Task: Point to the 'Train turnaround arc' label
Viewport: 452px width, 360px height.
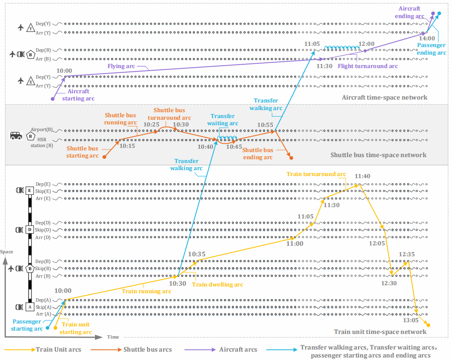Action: [316, 174]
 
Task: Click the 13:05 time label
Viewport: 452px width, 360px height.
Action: [411, 320]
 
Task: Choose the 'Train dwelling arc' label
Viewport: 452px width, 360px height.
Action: [217, 284]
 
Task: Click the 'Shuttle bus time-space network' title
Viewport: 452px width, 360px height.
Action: [378, 155]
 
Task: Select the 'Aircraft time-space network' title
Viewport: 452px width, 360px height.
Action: [384, 97]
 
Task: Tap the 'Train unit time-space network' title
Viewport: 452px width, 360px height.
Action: [380, 332]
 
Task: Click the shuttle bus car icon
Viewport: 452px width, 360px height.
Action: [16, 136]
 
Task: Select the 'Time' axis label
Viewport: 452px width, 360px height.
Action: [113, 337]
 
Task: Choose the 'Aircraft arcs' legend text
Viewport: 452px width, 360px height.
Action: [238, 349]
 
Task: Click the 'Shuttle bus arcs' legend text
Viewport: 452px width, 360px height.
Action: [148, 349]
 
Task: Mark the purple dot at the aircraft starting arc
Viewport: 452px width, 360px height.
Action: [53, 99]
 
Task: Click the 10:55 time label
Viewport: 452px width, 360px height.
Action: [265, 125]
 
